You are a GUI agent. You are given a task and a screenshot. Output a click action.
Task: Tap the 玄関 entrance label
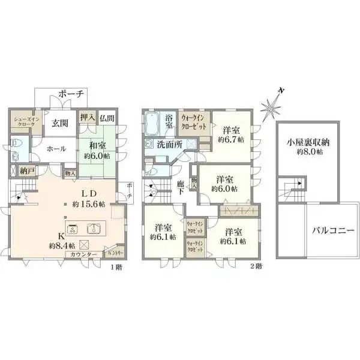(x=59, y=124)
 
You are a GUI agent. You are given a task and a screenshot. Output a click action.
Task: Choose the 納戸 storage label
(x=27, y=172)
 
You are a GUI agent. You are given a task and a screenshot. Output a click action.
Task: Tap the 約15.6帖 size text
(x=88, y=205)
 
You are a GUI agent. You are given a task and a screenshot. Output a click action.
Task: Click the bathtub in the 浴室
(x=154, y=125)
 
